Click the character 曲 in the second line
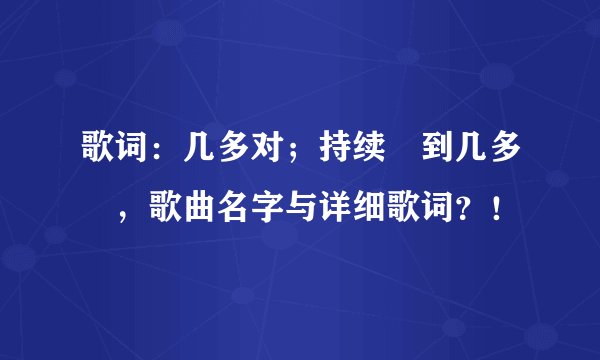click(199, 209)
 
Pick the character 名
click(233, 209)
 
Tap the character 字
click(267, 209)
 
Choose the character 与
click(301, 209)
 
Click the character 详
click(335, 209)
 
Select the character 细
click(369, 209)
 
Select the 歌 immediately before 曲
click(165, 209)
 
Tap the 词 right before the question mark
click(437, 209)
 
